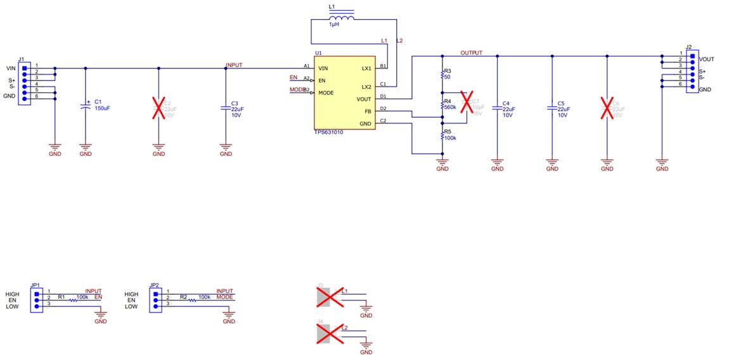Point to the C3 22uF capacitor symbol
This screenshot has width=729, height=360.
(226, 108)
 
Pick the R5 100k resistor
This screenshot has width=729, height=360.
(442, 136)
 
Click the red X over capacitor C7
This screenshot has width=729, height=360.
(467, 106)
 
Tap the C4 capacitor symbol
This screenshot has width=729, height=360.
(497, 108)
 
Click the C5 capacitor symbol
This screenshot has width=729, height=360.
(552, 108)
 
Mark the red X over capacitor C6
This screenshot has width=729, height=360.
(607, 108)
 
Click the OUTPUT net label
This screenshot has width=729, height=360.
(471, 53)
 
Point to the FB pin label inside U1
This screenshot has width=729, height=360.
(368, 112)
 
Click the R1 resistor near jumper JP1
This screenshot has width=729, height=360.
(73, 300)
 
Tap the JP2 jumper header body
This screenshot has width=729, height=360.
(154, 300)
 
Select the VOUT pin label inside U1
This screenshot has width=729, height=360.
(364, 99)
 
